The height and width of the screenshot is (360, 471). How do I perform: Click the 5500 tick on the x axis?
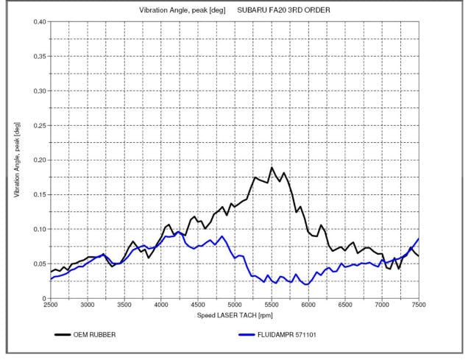272,304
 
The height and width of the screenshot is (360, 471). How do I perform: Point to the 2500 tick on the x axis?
51,304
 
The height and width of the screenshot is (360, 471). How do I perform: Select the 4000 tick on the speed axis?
161,304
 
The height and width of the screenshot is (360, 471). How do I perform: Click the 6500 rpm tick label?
345,304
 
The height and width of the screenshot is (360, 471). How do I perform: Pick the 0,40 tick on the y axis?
38,21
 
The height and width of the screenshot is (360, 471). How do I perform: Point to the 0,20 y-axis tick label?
38,160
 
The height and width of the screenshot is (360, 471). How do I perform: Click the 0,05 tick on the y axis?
38,264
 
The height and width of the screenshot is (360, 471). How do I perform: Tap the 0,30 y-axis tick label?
38,91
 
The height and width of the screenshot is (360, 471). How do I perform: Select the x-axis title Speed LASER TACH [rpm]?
235,315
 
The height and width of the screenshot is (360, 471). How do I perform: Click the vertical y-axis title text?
16,160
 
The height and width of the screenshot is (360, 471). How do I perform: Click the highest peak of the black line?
272,168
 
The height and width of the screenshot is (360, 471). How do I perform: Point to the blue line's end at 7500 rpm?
419,239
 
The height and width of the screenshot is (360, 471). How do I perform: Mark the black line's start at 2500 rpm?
51,272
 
